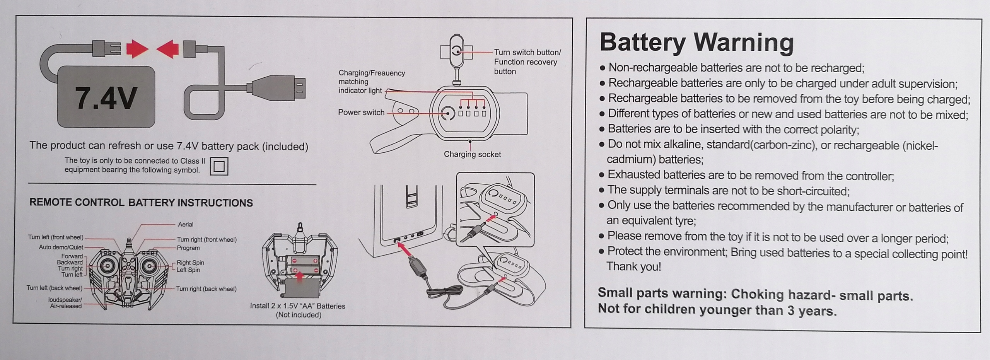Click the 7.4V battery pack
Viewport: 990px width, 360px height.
click(106, 97)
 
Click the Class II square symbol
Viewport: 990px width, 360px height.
click(219, 166)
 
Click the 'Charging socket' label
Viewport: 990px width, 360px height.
click(472, 154)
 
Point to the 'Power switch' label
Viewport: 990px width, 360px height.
click(361, 112)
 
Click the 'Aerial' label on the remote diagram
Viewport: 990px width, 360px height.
click(186, 224)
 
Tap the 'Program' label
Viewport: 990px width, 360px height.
click(188, 248)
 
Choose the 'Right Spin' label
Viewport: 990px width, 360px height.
click(190, 263)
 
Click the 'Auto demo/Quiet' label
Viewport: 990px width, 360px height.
click(61, 247)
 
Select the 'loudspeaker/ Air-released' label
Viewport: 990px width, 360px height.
click(65, 303)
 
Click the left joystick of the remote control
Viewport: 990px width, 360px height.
click(106, 266)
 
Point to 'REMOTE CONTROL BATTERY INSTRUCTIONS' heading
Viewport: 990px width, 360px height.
click(141, 203)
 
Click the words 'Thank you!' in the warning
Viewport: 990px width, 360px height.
click(633, 266)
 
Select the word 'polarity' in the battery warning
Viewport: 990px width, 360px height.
click(840, 130)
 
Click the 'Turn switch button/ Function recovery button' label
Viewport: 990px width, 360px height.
click(527, 62)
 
